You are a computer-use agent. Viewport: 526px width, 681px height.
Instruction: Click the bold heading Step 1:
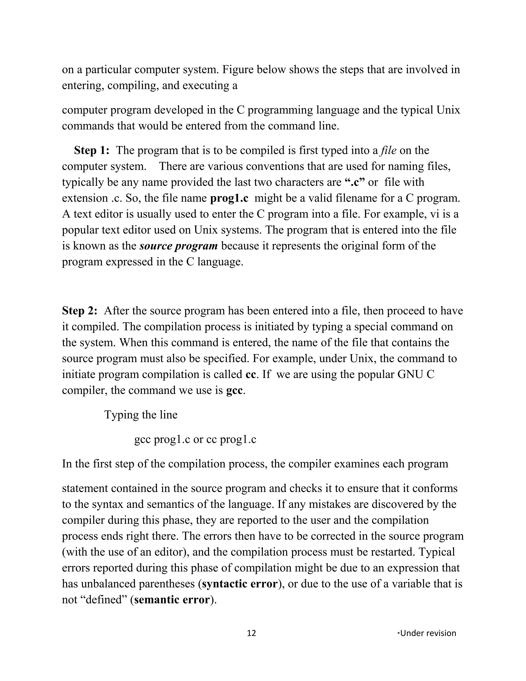(x=92, y=151)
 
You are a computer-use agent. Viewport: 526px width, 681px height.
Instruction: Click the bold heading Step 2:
(x=80, y=311)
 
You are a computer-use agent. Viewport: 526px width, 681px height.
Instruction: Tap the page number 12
(x=251, y=633)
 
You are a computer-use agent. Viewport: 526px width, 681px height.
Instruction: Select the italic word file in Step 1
(x=388, y=151)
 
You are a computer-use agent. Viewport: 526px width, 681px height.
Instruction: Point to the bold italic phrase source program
(x=179, y=246)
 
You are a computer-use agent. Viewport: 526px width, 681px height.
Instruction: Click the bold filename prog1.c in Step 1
(x=229, y=198)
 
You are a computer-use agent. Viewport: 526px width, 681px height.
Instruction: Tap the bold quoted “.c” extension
(x=355, y=182)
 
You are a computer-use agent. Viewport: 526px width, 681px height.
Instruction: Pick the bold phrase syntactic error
(x=240, y=584)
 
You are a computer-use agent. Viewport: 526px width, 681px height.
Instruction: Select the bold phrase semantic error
(x=172, y=600)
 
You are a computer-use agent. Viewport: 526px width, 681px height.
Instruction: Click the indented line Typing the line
(x=141, y=415)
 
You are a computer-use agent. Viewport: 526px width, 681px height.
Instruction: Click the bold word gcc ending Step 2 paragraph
(x=234, y=390)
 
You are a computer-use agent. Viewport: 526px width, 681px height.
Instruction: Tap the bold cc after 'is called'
(x=251, y=374)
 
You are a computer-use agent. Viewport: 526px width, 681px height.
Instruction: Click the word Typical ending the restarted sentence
(x=437, y=552)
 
